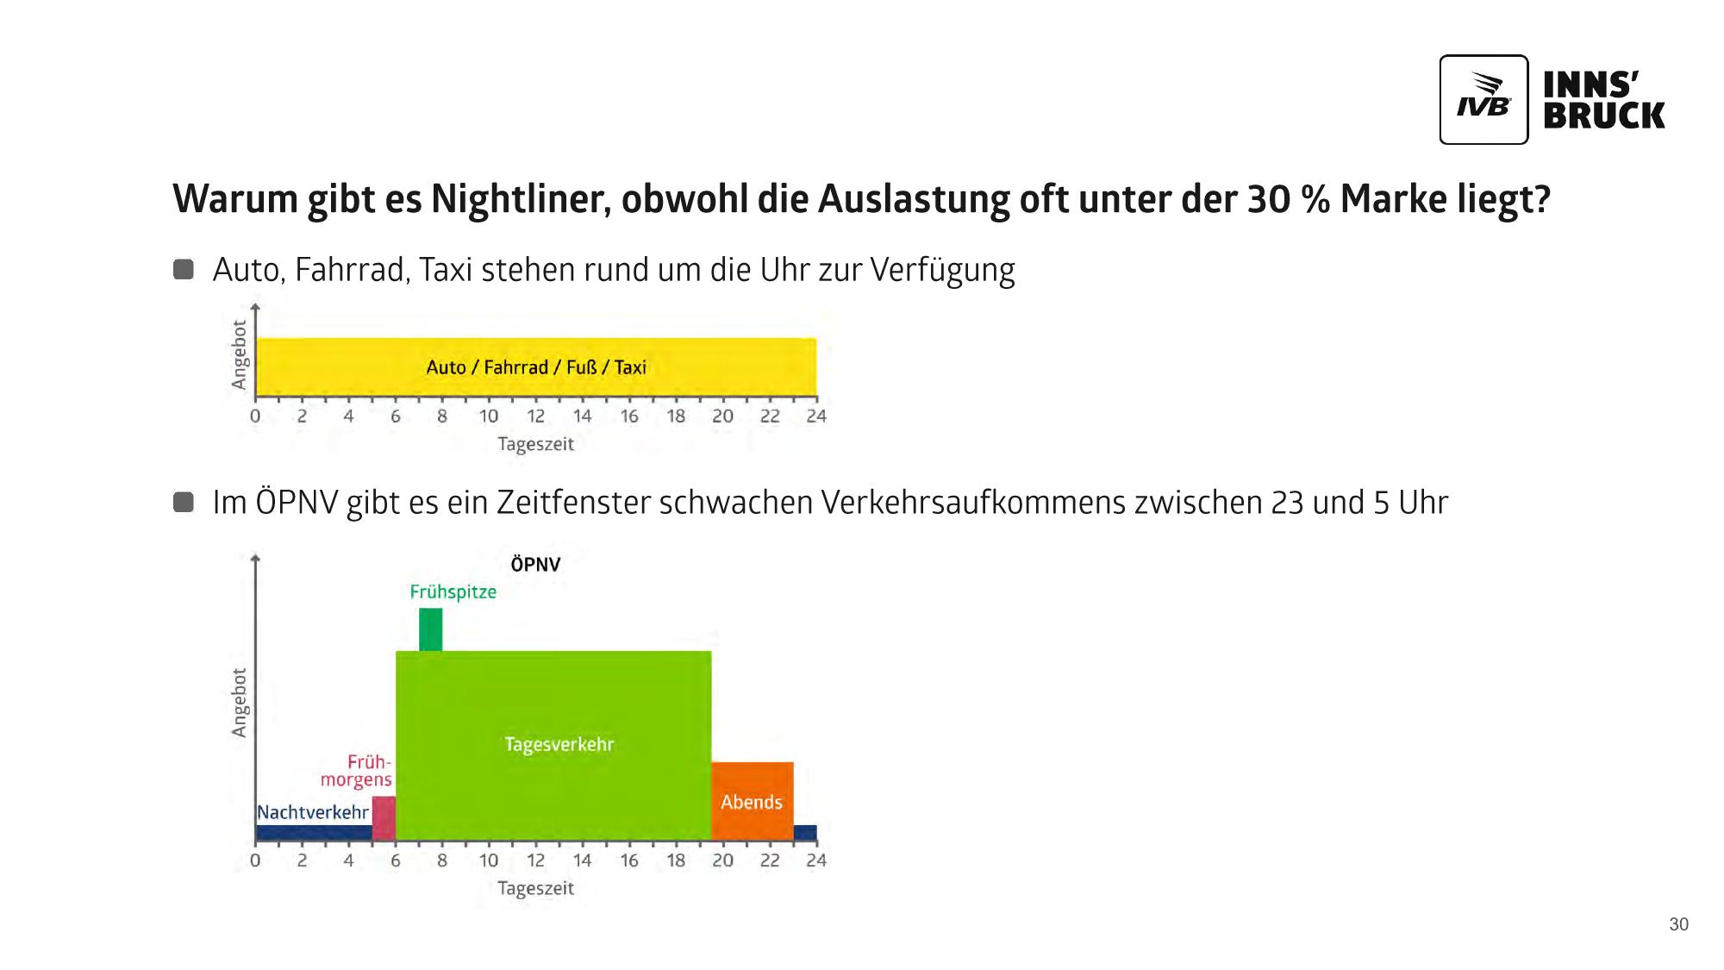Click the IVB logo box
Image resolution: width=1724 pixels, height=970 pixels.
1483,99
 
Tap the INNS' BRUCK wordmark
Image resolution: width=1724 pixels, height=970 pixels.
1603,100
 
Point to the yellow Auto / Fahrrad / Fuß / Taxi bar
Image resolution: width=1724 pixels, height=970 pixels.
535,367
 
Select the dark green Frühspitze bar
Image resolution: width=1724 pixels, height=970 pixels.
430,629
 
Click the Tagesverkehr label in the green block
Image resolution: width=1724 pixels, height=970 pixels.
559,744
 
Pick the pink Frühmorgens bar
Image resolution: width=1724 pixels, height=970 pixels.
384,817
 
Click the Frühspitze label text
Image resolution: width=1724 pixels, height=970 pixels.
453,592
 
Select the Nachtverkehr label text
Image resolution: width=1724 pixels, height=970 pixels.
312,812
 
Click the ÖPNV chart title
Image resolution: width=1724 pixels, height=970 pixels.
535,565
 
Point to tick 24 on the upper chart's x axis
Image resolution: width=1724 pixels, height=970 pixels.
815,416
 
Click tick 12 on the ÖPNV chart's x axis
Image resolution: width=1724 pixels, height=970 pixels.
535,860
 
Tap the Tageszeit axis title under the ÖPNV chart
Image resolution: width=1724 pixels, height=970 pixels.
535,888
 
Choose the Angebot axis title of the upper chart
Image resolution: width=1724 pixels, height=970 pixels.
240,354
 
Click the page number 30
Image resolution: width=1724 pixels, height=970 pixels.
1678,924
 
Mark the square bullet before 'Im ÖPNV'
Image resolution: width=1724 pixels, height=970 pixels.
184,502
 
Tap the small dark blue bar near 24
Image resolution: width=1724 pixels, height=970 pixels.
805,833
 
